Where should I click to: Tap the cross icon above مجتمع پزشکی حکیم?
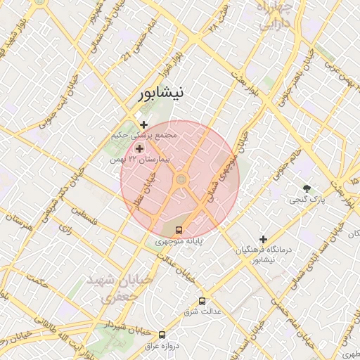(144, 124)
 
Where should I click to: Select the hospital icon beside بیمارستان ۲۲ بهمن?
(139, 148)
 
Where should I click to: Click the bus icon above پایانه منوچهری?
(179, 230)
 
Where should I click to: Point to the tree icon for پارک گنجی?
(307, 188)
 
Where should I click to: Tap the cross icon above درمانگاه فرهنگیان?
(264, 239)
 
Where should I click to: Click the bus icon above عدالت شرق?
(202, 300)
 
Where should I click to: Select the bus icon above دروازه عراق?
(162, 335)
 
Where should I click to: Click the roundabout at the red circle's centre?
(181, 181)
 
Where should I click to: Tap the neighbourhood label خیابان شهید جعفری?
(119, 288)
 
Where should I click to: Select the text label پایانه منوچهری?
(179, 240)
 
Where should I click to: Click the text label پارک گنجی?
(307, 200)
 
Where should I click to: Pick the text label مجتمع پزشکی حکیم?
(146, 135)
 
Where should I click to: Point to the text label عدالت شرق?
(202, 311)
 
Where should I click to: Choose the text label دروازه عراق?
(162, 345)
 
